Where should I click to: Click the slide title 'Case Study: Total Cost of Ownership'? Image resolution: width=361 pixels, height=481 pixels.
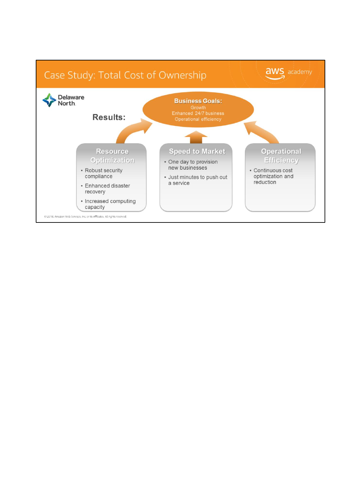pos(125,75)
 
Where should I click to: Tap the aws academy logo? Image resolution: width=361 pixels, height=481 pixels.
pos(288,73)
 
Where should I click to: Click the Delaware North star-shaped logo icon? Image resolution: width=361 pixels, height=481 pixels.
pos(49,100)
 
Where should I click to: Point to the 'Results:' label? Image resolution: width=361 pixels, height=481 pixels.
pos(109,117)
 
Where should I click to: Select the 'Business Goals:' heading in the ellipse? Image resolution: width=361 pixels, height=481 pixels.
pos(198,101)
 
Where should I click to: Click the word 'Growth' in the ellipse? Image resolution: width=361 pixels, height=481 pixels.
pos(198,108)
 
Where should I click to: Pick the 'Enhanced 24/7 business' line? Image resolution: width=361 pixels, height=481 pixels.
pos(198,113)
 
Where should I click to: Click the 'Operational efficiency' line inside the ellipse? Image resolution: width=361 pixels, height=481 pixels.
pos(198,119)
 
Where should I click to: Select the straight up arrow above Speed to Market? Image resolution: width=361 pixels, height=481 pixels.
pos(196,137)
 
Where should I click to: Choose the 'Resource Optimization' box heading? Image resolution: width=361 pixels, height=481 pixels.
pos(112,156)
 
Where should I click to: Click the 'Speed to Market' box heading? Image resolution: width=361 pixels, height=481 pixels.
pos(197,151)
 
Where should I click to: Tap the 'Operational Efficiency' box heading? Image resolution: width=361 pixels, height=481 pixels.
pos(281,156)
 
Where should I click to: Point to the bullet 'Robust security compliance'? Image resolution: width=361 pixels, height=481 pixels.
pos(103,173)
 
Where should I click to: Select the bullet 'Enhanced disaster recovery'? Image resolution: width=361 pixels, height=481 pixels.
pos(107,189)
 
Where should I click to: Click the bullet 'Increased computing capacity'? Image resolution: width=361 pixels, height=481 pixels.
pos(110,204)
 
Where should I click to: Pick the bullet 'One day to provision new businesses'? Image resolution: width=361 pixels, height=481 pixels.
pos(193,165)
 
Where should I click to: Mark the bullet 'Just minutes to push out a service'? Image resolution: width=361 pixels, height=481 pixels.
pos(197,180)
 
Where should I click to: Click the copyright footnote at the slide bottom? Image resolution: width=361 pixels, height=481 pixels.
pos(85,216)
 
